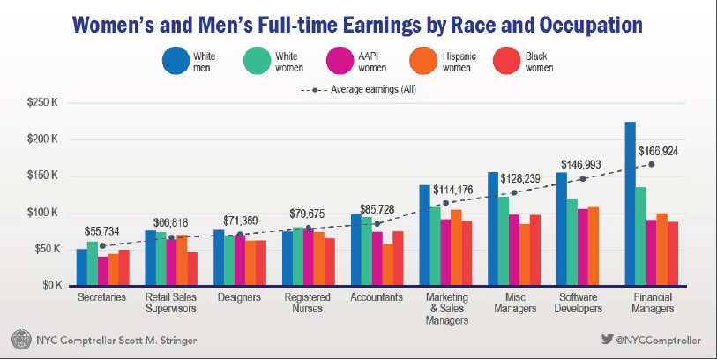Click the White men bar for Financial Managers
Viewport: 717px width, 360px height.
(x=630, y=204)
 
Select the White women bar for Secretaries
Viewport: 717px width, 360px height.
(x=93, y=264)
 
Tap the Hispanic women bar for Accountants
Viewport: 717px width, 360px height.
(x=387, y=265)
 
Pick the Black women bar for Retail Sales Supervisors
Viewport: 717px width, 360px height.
(x=192, y=269)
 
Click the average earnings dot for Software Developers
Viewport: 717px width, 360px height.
(x=582, y=179)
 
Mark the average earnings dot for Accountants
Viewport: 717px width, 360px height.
(x=377, y=224)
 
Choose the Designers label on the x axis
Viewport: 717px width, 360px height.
(x=238, y=298)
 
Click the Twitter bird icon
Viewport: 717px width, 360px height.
(x=607, y=339)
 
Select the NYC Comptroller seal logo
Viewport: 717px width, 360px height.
(x=19, y=340)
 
